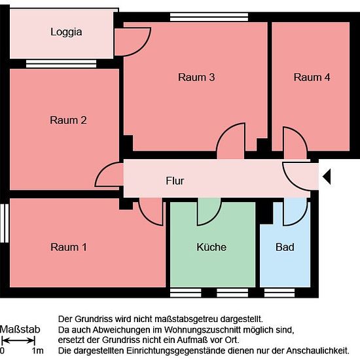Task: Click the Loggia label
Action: click(66, 32)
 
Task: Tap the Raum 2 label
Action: click(69, 120)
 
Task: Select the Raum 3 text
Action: click(196, 77)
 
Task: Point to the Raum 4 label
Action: click(312, 77)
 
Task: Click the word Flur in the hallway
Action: click(175, 181)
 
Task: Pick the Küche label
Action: click(211, 247)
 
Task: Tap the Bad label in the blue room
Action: click(285, 247)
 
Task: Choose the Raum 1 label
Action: click(69, 247)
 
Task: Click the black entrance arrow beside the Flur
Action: click(327, 177)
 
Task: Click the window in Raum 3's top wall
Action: click(209, 17)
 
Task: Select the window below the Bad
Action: click(279, 293)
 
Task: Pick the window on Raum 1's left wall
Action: click(5, 223)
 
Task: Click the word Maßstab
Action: click(20, 329)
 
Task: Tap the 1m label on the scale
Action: click(38, 351)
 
